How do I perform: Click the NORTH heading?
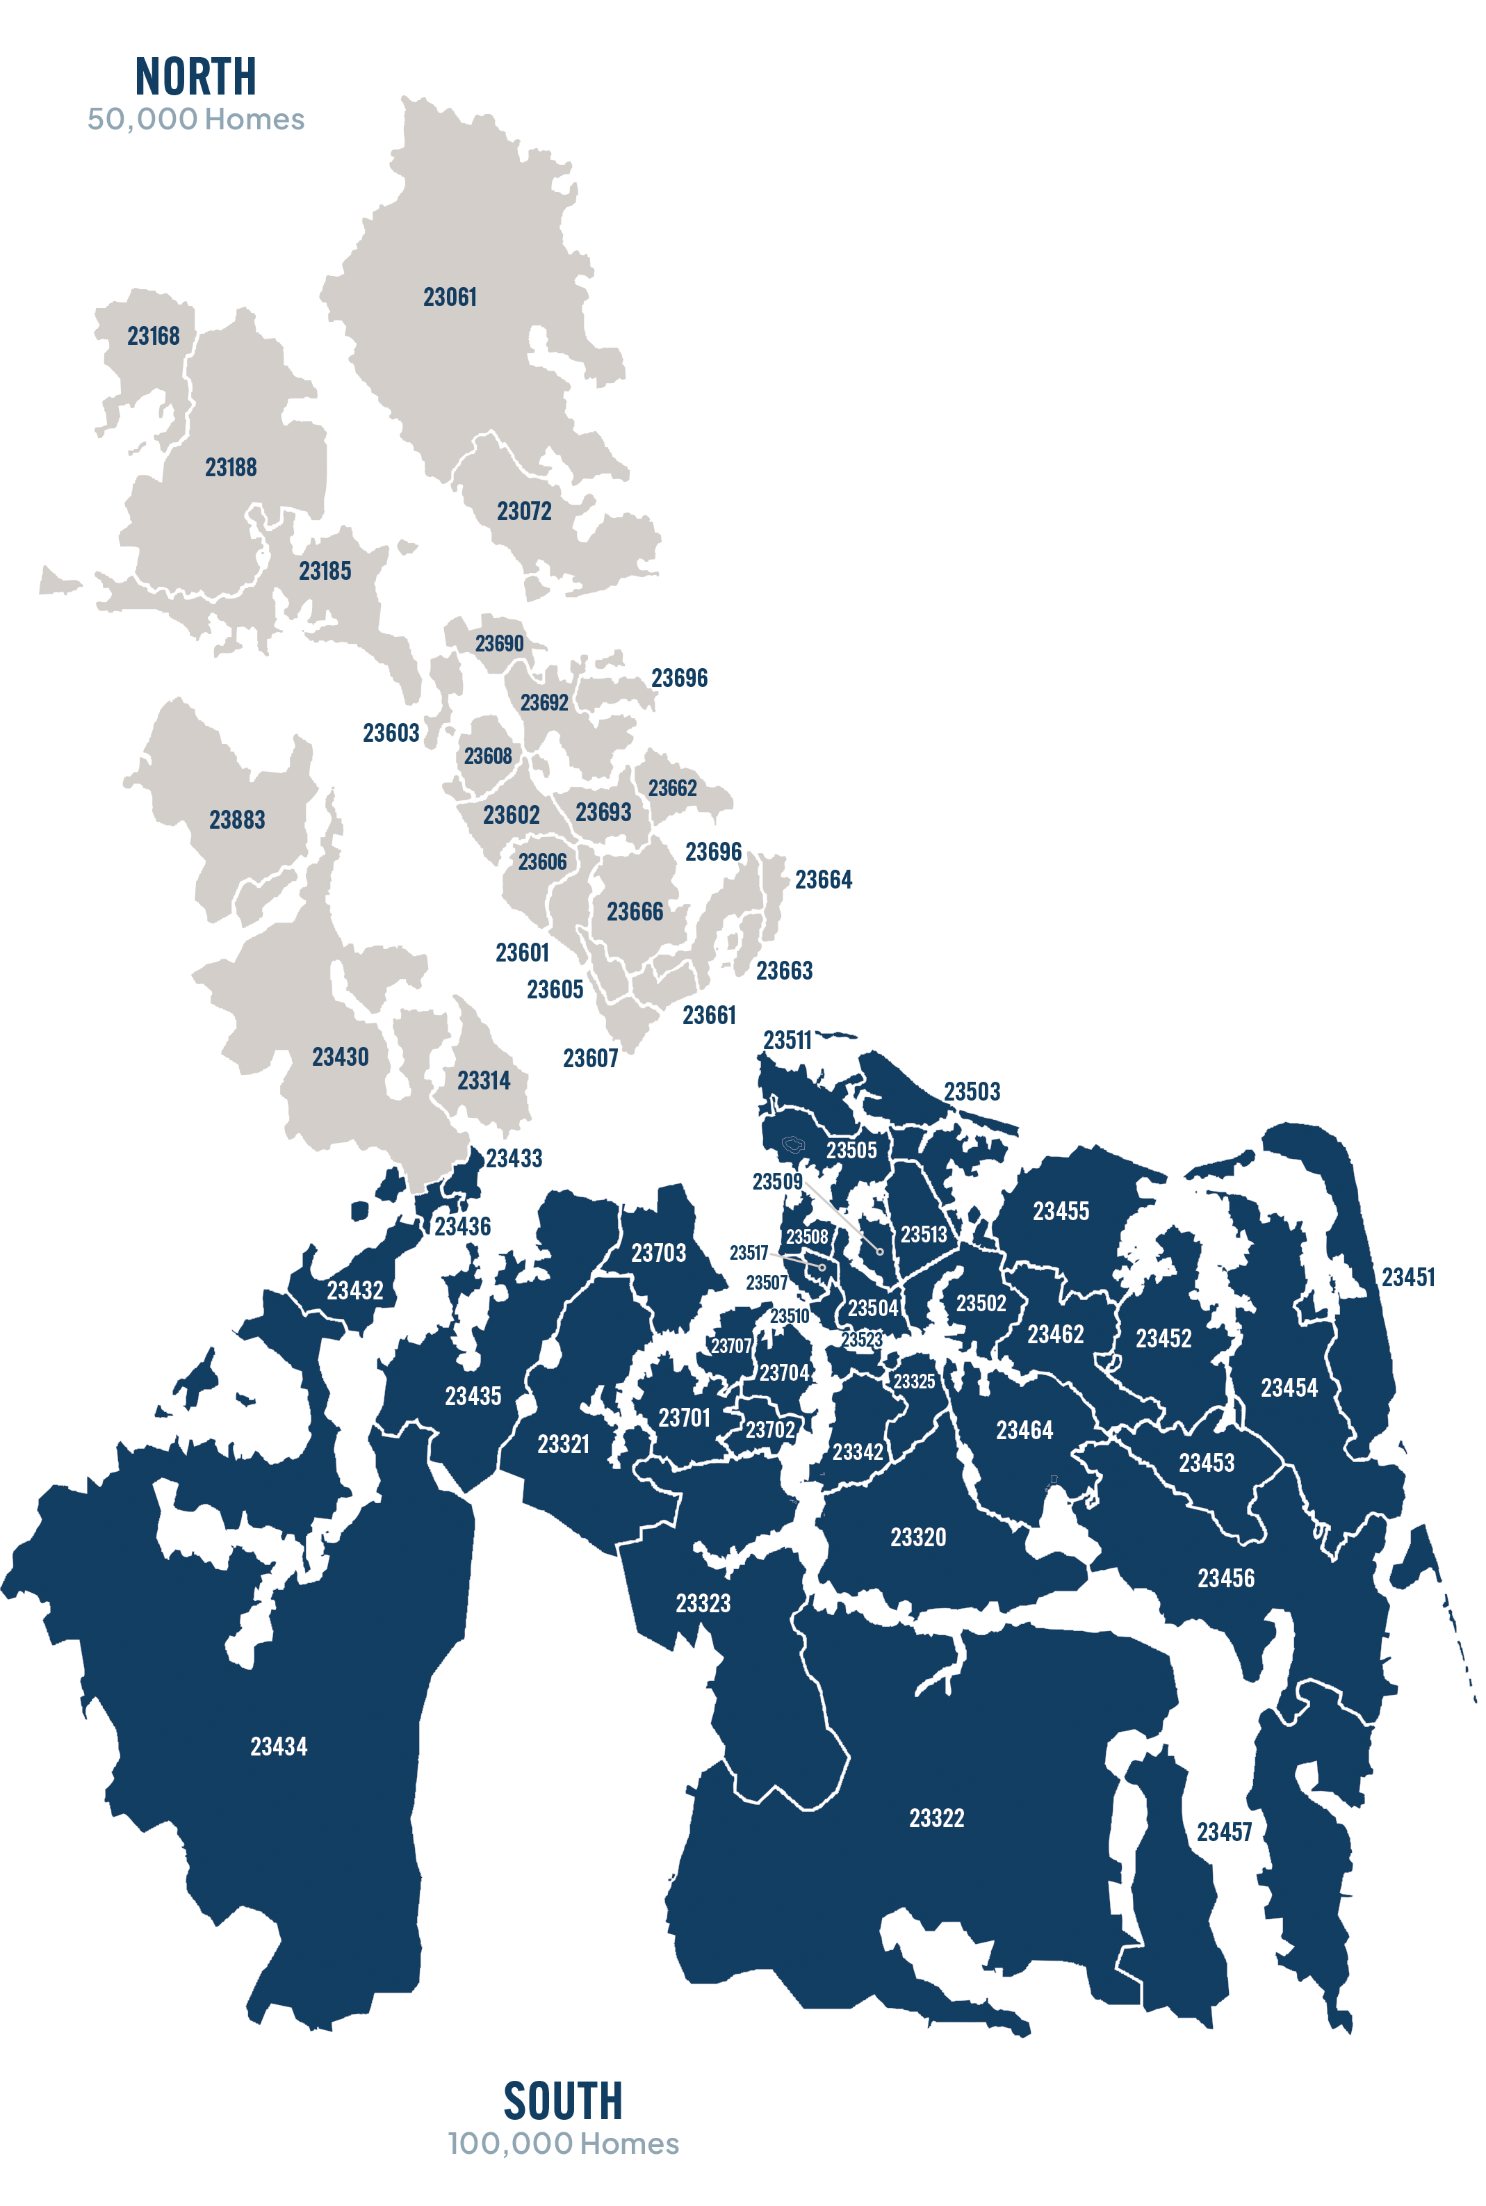(195, 76)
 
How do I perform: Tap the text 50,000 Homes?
(195, 120)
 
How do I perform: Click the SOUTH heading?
(563, 2101)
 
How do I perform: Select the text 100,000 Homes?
(563, 2143)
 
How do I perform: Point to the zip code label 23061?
(450, 298)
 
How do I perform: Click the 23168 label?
(154, 336)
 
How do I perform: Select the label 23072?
(524, 512)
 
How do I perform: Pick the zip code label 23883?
(237, 820)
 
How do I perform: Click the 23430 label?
(341, 1057)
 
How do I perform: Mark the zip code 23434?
(279, 1746)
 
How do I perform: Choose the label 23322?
(936, 1817)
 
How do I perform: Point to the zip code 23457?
(1223, 1831)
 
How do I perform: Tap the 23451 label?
(1407, 1278)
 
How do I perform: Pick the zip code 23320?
(917, 1536)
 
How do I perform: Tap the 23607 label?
(590, 1059)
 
